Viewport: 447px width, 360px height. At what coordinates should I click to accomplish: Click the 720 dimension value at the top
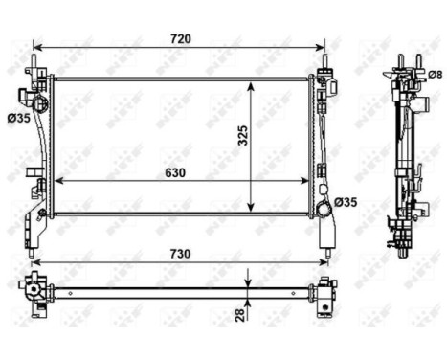point(181,38)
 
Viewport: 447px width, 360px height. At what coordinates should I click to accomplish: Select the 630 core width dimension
point(173,172)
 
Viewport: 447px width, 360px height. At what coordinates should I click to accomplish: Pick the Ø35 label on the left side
point(17,118)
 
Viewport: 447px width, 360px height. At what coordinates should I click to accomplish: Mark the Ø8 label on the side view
point(435,74)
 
